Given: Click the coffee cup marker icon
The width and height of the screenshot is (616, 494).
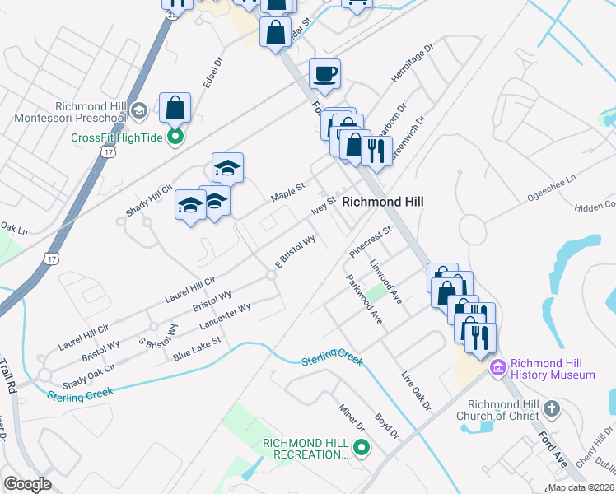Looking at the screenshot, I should pyautogui.click(x=324, y=74).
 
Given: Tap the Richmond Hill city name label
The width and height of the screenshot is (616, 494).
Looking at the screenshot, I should pyautogui.click(x=382, y=201).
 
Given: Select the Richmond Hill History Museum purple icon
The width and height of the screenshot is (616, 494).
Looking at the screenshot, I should pyautogui.click(x=497, y=367).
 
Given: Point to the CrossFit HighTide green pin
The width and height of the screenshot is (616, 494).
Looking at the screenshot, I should pyautogui.click(x=175, y=137).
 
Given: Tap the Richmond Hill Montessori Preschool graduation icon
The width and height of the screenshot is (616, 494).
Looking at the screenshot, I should pyautogui.click(x=138, y=110).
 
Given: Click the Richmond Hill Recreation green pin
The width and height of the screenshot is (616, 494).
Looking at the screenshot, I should pyautogui.click(x=361, y=448).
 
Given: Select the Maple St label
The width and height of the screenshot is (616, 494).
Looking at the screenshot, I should pyautogui.click(x=289, y=194).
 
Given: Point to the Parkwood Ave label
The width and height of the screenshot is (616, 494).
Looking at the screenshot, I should pyautogui.click(x=365, y=298).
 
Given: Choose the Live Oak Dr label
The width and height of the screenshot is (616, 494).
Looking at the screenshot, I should pyautogui.click(x=416, y=390).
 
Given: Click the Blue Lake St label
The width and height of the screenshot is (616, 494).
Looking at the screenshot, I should pyautogui.click(x=197, y=348).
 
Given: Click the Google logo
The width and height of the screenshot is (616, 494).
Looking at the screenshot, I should pyautogui.click(x=27, y=485).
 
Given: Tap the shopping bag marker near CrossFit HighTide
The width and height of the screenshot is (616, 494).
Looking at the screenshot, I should pyautogui.click(x=175, y=108).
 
